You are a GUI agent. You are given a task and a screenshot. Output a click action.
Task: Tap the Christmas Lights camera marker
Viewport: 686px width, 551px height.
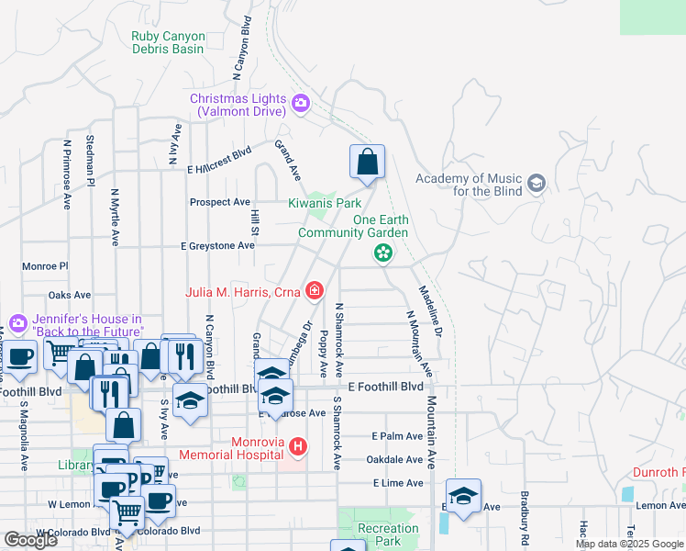[x=300, y=100]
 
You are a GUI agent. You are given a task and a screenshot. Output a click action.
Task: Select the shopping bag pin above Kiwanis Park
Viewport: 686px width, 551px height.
[x=367, y=163]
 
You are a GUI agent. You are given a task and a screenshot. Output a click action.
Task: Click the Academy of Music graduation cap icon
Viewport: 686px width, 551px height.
[x=537, y=184]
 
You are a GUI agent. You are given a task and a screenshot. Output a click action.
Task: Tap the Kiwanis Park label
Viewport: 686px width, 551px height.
[x=325, y=202]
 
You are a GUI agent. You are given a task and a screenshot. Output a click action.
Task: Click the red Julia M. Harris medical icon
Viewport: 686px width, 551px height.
[x=315, y=292]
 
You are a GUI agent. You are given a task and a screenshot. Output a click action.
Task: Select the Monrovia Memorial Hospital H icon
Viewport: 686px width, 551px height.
[x=297, y=447]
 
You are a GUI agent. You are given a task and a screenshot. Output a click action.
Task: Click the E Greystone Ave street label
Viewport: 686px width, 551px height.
[x=217, y=246]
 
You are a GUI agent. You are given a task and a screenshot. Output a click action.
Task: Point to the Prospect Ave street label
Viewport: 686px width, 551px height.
[x=219, y=202]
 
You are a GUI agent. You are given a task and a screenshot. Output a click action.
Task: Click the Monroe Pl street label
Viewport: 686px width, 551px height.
[x=45, y=266]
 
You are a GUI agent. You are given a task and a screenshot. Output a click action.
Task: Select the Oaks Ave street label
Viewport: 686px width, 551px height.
[x=70, y=296]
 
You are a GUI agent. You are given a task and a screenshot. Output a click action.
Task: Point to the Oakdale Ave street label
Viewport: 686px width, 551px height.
[x=397, y=459]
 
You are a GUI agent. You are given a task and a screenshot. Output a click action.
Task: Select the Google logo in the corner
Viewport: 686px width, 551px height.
[x=31, y=540]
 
